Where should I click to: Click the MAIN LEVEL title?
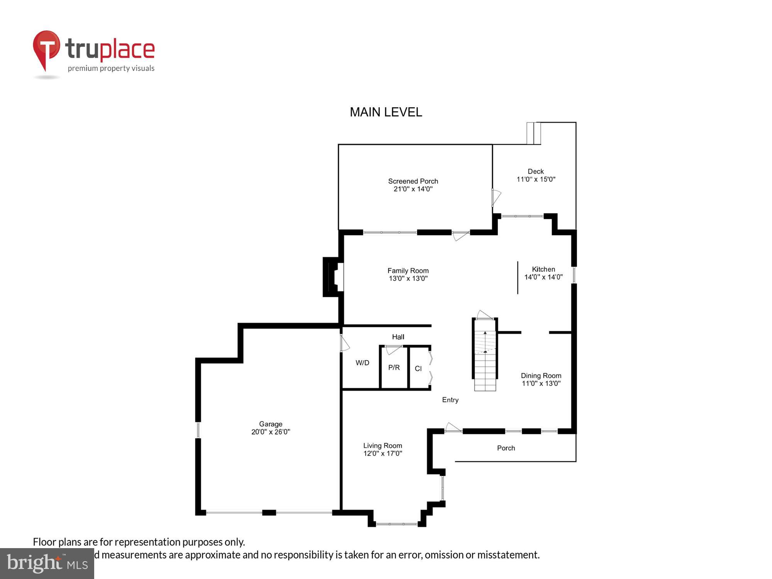386,112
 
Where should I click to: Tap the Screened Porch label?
413,181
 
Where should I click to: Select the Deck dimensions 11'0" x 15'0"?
536,179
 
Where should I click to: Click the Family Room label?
408,271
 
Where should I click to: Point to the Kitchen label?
543,269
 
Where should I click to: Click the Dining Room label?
541,376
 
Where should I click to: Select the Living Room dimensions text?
383,454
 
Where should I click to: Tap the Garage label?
271,424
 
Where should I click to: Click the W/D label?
362,363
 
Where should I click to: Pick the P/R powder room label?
394,367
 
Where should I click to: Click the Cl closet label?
418,369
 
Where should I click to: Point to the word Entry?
450,400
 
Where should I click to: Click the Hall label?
398,337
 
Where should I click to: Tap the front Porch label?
506,448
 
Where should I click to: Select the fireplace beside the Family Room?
332,277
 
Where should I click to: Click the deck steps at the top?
533,133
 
